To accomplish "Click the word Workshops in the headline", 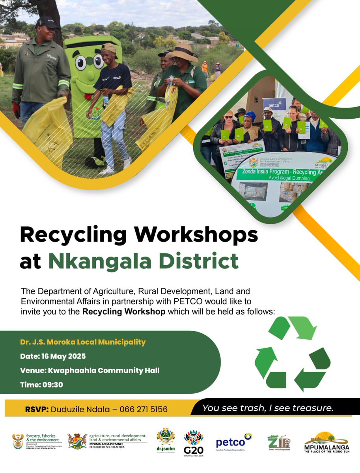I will (196, 236).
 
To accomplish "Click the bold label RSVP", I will (36, 410).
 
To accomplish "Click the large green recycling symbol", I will (293, 354).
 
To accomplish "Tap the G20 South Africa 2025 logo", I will (194, 442).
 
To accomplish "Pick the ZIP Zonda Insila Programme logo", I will (279, 442).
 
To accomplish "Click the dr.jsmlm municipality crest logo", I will (166, 439).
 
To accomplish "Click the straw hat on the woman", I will (182, 53).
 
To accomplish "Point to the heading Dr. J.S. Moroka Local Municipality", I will (83, 342).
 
